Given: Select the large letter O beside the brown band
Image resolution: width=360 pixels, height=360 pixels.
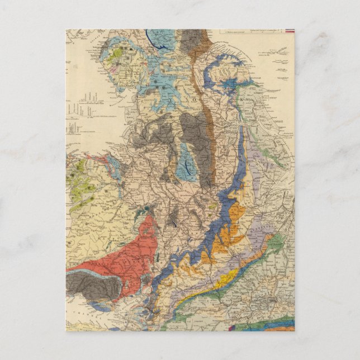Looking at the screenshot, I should [195, 101].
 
